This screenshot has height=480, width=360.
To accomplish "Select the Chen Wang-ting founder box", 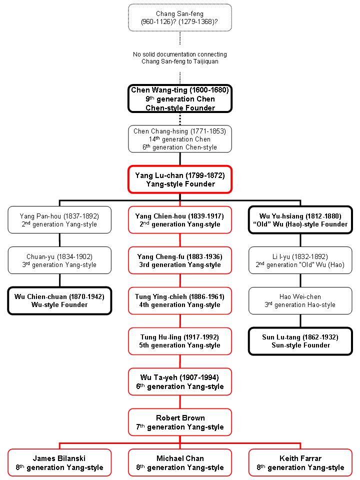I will point(180,98).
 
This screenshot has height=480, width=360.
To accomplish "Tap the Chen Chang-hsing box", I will point(180,139).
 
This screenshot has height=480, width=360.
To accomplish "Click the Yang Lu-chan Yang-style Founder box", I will point(180,179).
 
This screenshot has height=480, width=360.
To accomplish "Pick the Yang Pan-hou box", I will point(59,220).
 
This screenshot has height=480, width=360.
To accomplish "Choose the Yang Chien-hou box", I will point(180,220).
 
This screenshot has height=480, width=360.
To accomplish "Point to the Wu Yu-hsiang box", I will point(300,220).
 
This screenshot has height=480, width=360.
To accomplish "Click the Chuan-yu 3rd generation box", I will point(59,260).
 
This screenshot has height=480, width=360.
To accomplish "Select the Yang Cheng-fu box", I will point(180,260).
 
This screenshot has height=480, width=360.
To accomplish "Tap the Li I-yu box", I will point(300,260).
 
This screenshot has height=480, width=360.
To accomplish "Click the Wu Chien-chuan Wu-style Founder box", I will point(59,300).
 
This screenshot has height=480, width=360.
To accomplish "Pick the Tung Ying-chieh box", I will point(180,300).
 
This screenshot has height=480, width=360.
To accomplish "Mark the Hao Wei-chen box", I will point(300,300).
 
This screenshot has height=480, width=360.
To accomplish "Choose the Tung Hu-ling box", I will point(180,341).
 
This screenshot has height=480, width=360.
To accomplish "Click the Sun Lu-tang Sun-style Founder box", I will point(300,341).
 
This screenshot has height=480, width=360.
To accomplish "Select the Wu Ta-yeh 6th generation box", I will point(180,381).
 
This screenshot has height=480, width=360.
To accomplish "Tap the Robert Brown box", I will point(180,422).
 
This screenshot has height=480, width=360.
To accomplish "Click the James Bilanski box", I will point(59,462).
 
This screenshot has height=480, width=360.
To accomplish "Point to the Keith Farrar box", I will point(300,462).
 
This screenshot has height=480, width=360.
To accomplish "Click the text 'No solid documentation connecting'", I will point(180,54).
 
